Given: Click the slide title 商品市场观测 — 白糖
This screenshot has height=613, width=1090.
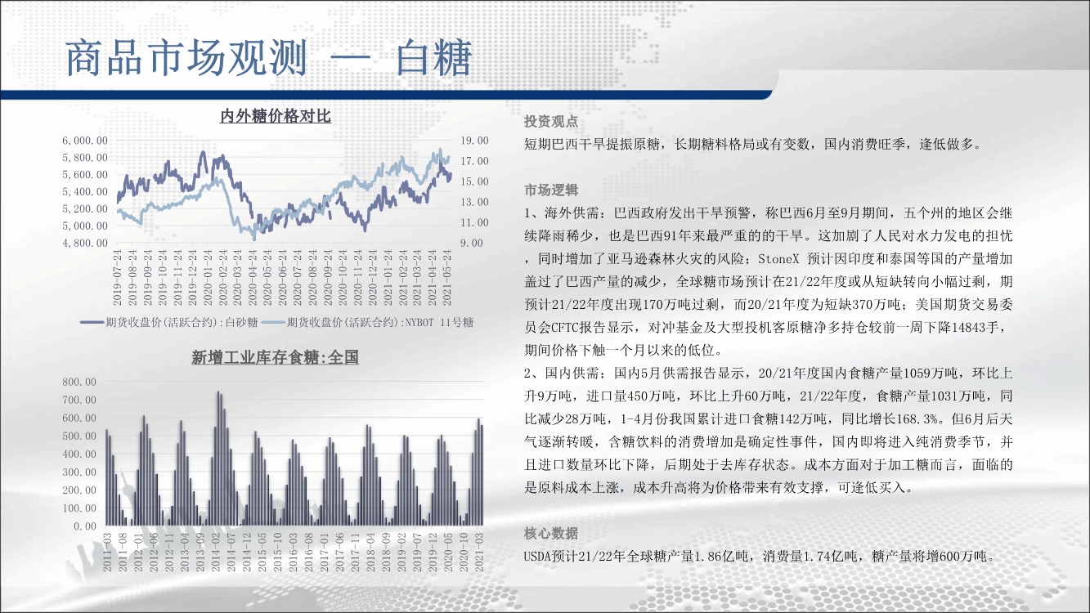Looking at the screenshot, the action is pos(269,58).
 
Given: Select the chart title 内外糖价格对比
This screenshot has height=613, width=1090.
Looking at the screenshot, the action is pos(276,116).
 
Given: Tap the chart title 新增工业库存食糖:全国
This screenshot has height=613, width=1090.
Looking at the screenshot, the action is pos(276,358).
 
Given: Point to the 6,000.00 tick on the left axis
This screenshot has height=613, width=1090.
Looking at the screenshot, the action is pos(85,141).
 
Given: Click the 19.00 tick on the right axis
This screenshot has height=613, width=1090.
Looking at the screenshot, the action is pos(474,141).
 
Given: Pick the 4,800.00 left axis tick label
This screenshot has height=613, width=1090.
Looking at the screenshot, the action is pos(85,243).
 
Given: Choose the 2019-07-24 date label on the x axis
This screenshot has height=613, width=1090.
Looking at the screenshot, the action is pos(117,278).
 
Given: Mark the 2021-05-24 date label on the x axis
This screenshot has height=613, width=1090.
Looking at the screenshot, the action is pos(447,278).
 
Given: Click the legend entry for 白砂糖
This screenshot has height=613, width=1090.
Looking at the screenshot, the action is pos(168,322).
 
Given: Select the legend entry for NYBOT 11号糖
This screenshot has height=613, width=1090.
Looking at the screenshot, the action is pos(367,322).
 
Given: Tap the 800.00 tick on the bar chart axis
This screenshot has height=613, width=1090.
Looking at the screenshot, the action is pos(79,382).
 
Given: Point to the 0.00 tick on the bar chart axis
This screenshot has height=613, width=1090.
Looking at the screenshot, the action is pos(85,526).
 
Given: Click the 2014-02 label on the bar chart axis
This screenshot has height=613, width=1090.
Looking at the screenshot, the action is pos(216,553).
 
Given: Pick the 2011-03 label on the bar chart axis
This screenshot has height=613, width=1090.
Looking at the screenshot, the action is pos(107,553).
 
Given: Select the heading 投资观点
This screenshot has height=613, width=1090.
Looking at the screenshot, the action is pos(551,122).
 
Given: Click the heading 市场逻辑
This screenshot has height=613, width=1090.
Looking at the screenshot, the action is pos(551,190).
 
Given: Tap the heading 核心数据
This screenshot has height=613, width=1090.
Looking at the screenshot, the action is pos(551,533).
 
